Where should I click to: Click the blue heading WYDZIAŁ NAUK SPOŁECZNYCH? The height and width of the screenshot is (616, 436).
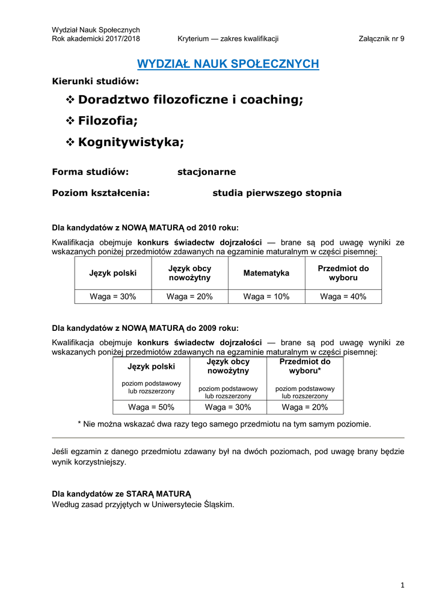228,64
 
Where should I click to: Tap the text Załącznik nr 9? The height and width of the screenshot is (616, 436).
381,39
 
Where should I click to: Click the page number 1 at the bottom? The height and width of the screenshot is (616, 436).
402,585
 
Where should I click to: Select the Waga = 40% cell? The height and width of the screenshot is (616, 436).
343,297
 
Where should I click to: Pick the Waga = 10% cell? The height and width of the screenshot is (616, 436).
266,297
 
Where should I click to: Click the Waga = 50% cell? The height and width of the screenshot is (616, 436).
151,407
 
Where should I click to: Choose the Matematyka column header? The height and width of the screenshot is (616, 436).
266,273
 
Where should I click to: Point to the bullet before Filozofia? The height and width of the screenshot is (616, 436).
69,121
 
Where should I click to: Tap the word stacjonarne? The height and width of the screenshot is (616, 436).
206,172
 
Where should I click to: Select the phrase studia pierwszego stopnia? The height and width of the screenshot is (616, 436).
277,193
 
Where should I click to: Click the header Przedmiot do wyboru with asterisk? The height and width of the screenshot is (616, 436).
305,366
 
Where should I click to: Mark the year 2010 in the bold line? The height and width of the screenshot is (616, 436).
207,227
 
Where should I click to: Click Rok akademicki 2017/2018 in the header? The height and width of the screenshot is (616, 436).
96,39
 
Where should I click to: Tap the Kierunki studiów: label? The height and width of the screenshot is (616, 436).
95,81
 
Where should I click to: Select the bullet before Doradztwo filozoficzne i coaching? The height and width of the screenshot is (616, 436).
69,100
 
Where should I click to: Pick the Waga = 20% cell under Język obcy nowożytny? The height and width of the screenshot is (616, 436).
189,297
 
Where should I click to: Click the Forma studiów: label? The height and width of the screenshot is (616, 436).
90,172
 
